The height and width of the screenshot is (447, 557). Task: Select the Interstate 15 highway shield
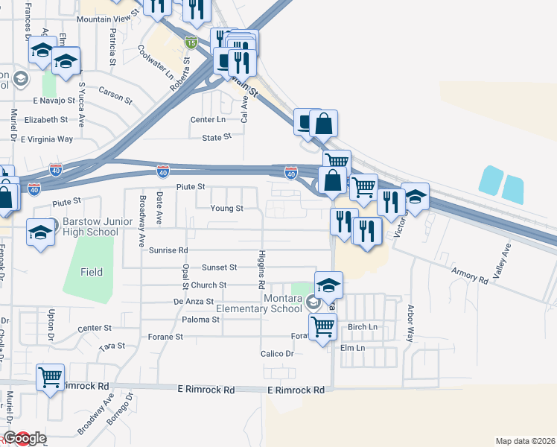191,42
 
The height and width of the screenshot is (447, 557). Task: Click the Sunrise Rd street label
168,250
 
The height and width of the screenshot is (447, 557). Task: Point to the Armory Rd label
470,275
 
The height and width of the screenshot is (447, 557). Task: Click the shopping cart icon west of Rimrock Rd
51,377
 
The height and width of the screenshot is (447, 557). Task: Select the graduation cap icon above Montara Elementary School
328,285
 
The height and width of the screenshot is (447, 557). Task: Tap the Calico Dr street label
277,354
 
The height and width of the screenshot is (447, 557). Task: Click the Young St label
226,209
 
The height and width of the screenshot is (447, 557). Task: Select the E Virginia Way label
47,139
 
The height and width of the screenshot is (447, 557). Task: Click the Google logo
25,439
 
